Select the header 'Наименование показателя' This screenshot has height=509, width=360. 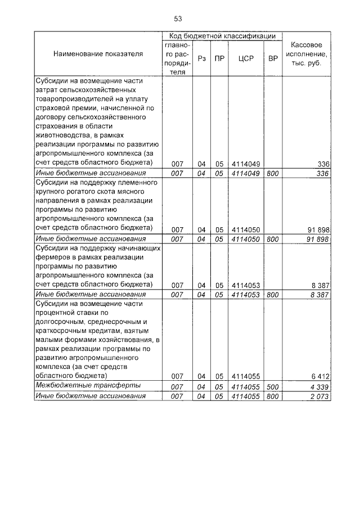[x=98, y=54]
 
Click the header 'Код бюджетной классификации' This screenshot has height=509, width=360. [x=222, y=35]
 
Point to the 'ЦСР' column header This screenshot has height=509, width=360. [x=246, y=58]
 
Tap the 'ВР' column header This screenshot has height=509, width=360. [x=273, y=58]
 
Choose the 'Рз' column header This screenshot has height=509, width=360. [x=202, y=58]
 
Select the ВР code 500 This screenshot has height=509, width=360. [x=273, y=386]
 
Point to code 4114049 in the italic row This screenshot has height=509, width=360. [x=246, y=174]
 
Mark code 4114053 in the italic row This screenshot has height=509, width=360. [x=246, y=295]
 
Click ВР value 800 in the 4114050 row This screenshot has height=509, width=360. [x=273, y=239]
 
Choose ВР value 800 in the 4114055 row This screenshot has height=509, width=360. [x=273, y=397]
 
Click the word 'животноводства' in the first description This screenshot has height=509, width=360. [x=61, y=136]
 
